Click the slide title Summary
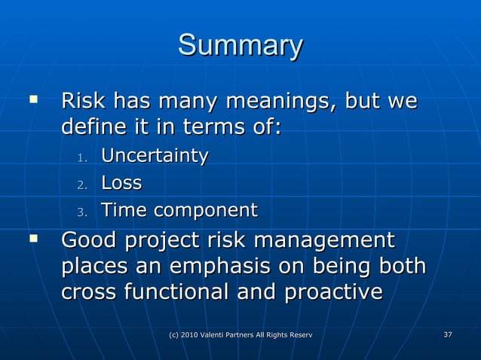click(x=240, y=46)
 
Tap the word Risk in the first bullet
click(x=83, y=100)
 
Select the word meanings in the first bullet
click(x=276, y=100)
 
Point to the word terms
click(x=211, y=127)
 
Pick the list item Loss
click(x=121, y=183)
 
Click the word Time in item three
click(x=124, y=210)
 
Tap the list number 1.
click(x=83, y=158)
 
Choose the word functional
click(x=185, y=293)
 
